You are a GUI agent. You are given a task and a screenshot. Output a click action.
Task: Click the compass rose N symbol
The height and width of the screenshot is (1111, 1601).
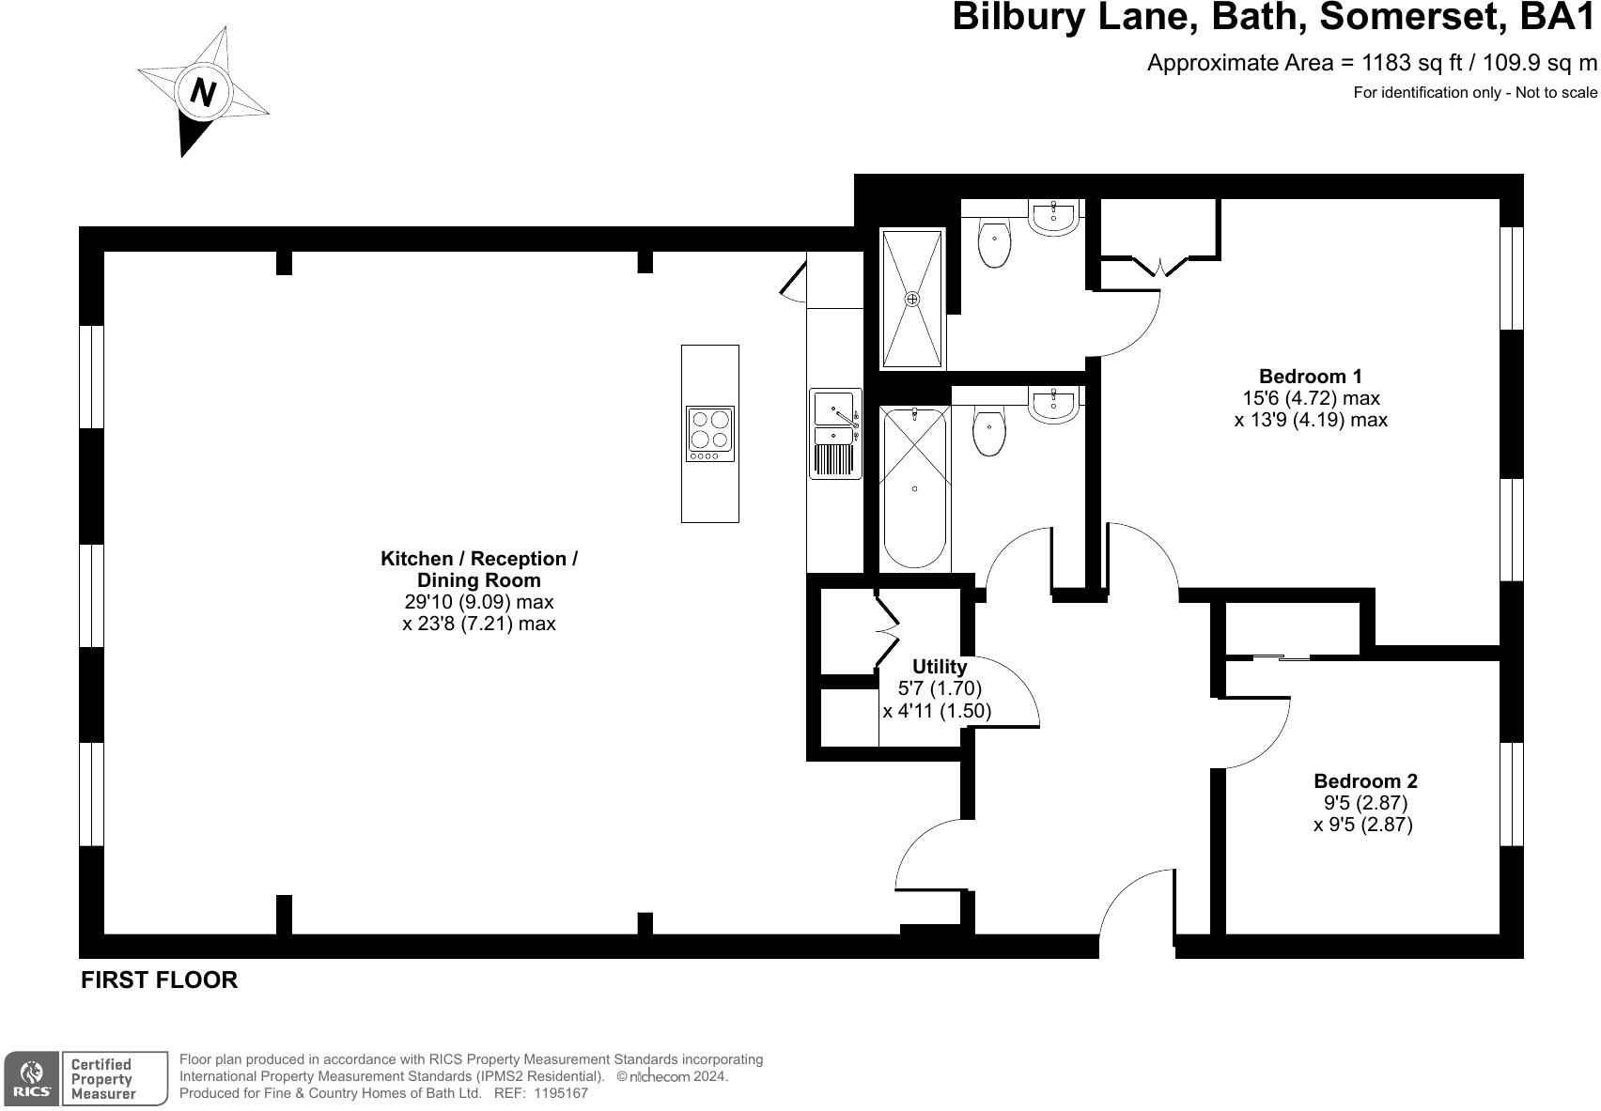(204, 91)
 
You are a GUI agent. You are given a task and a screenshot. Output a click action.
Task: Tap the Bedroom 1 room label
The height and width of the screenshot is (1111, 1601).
(1310, 377)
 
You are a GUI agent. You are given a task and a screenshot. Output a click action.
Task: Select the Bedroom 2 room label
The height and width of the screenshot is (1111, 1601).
(1364, 780)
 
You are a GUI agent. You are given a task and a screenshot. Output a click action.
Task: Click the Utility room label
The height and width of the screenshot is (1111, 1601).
(939, 667)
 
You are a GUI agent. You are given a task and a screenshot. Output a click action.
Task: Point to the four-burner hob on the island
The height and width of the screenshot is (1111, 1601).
(709, 433)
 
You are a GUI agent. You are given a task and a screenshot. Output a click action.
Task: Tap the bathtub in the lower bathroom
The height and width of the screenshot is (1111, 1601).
(914, 486)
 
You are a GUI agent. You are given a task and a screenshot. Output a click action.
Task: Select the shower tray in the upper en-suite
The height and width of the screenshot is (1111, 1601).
(911, 299)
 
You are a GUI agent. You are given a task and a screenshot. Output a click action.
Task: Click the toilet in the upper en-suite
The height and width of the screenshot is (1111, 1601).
(993, 242)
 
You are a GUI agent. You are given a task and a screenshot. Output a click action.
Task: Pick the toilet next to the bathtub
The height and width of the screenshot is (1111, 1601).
(989, 431)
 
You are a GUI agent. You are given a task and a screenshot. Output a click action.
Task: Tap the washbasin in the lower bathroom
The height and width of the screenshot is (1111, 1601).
(1053, 404)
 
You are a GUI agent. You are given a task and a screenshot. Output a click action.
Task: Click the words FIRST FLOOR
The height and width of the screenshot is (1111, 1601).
(159, 980)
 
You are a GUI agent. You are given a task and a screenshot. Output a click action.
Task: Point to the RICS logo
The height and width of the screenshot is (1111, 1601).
(33, 1078)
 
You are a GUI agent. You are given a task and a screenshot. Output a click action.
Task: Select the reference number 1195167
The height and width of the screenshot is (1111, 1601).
(561, 1093)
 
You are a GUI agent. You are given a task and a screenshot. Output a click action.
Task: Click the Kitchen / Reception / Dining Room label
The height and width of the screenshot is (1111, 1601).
(479, 569)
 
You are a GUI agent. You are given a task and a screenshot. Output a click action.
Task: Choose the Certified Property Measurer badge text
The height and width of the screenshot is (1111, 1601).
(102, 1078)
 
